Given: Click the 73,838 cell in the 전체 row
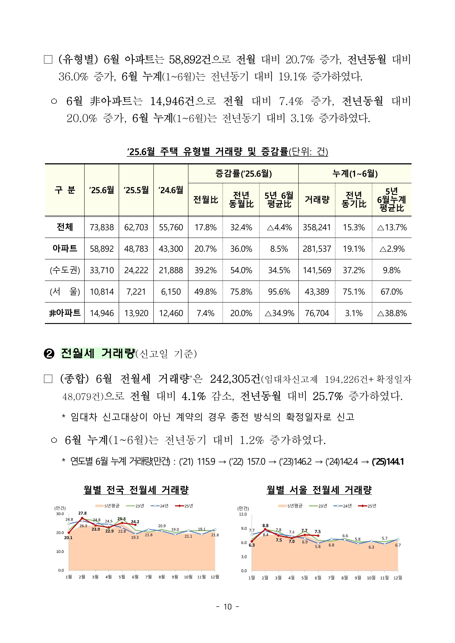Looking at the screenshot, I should click(102, 227).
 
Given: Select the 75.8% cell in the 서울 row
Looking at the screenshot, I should click(241, 292).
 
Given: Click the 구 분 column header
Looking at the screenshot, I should click(65, 190).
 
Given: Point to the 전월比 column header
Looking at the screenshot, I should click(206, 200).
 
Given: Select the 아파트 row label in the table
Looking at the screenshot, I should click(65, 249).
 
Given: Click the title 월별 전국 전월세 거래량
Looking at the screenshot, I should click(136, 490).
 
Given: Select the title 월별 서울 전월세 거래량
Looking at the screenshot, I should click(319, 490).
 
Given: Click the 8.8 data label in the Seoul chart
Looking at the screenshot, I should click(265, 526).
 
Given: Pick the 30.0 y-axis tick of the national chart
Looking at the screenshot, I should click(60, 514).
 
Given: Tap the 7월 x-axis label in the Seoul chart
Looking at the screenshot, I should click(331, 578).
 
